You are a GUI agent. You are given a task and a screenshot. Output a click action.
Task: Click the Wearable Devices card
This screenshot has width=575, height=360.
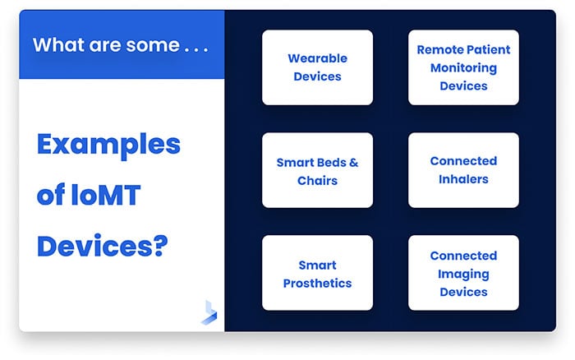click(317, 67)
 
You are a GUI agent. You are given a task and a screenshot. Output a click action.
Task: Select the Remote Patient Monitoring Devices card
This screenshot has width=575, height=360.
click(463, 67)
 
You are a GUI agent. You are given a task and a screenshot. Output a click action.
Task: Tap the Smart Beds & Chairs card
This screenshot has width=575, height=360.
click(317, 170)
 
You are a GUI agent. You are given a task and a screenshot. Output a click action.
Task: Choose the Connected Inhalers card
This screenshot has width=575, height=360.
click(463, 170)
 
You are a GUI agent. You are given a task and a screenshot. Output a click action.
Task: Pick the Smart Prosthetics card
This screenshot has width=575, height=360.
click(317, 274)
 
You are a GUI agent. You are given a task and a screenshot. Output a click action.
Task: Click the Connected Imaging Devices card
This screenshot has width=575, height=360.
click(463, 274)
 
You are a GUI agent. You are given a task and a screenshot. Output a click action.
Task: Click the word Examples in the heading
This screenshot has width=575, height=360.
click(108, 145)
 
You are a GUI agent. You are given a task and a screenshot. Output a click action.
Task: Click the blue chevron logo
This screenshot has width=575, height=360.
click(209, 313)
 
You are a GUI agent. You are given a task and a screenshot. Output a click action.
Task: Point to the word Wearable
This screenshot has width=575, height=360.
click(317, 58)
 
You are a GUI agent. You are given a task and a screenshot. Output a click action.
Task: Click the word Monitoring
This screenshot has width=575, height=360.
click(463, 67)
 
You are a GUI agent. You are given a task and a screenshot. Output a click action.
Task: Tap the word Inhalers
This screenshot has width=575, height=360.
click(463, 179)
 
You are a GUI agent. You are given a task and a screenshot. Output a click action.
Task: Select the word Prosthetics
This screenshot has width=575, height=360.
click(317, 283)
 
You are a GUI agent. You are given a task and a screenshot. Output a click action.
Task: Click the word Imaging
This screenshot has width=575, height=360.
click(463, 274)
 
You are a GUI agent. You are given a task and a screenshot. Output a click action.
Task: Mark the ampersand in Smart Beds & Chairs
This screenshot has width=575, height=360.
click(352, 162)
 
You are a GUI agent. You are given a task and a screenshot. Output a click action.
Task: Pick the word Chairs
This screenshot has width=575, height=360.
click(317, 179)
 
